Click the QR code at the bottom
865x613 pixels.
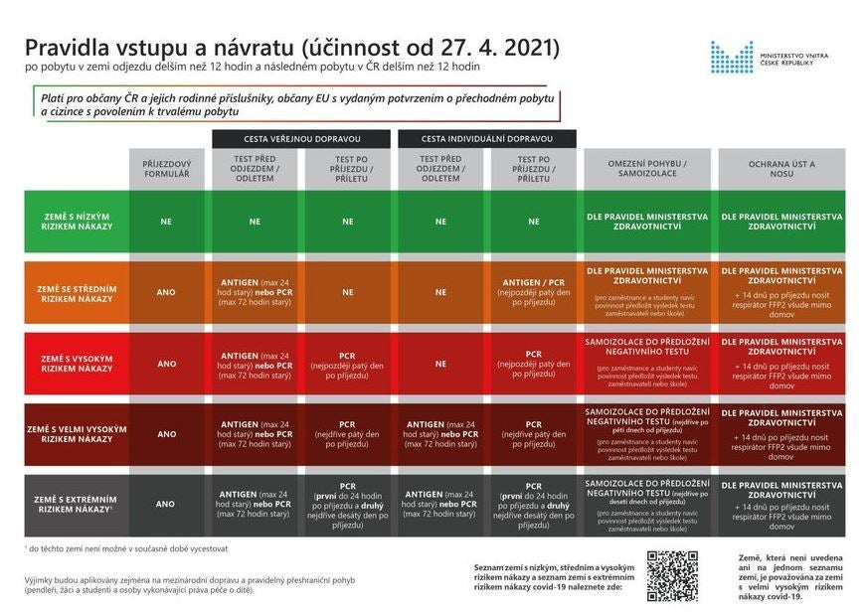672,575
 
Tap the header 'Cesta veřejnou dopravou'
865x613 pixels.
301,138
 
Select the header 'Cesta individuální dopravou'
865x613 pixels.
486,138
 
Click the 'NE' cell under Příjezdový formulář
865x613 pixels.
166,222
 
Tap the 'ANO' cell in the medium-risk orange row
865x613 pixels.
166,293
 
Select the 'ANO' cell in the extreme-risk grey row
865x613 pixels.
166,504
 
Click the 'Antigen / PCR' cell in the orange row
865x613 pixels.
534,293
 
